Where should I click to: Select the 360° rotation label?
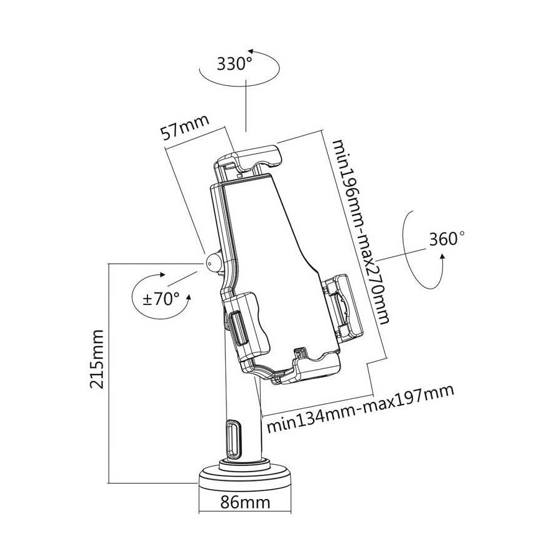tap(447, 240)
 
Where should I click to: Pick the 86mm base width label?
tap(245, 502)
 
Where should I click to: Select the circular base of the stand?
tap(245, 480)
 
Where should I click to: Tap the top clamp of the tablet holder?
tap(252, 157)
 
